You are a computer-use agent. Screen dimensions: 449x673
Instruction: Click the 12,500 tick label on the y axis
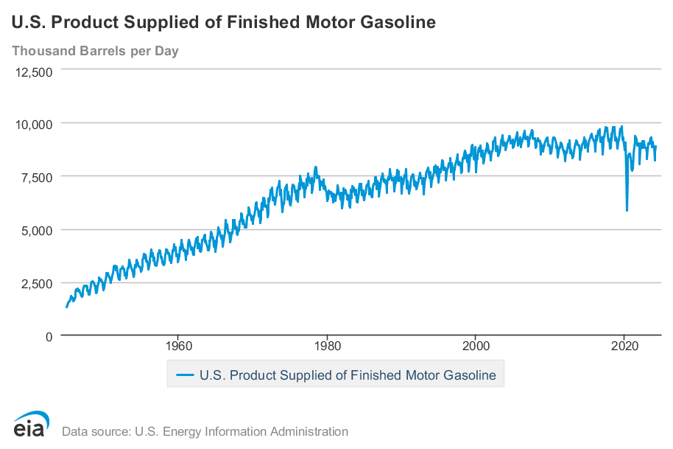[x=33, y=72]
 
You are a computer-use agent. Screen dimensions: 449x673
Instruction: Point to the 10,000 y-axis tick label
[x=33, y=124]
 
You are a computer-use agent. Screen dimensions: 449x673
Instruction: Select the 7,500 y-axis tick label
[x=36, y=177]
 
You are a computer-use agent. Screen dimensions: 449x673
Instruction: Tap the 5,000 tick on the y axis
[x=36, y=230]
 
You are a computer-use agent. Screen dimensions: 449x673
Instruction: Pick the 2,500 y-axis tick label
[x=36, y=283]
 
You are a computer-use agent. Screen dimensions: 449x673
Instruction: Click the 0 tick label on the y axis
[x=49, y=336]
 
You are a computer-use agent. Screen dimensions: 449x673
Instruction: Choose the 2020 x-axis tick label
[x=624, y=345]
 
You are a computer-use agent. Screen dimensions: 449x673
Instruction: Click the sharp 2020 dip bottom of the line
[x=627, y=211]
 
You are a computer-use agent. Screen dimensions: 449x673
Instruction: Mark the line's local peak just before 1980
[x=315, y=167]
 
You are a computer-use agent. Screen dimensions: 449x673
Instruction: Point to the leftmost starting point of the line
[x=66, y=307]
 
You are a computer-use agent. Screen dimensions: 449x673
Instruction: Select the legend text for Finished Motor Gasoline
[x=348, y=375]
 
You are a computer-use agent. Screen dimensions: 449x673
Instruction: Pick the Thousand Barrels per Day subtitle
[x=95, y=51]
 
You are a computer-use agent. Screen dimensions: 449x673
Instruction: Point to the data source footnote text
[x=205, y=431]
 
